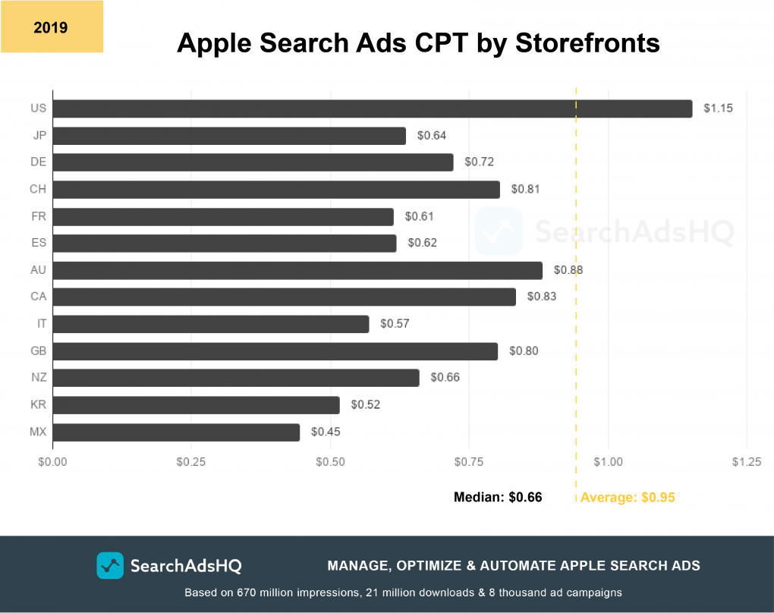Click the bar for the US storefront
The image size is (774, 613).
pos(372,108)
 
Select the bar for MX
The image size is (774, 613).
pos(176,432)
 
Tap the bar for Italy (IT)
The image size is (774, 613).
pos(211,324)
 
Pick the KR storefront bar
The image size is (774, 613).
pos(196,404)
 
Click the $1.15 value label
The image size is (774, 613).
pos(718,108)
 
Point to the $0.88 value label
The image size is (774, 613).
pos(568,270)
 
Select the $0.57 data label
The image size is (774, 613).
pos(395,324)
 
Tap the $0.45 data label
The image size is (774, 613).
pos(326,432)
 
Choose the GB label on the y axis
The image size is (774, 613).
pos(38,351)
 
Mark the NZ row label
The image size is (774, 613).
pos(38,378)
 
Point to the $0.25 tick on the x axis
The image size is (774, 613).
pos(191,462)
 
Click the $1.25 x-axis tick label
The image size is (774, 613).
pos(747,462)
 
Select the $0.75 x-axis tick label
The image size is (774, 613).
pos(469,462)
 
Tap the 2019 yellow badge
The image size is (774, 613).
pos(51,28)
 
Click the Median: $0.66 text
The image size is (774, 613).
pos(498,498)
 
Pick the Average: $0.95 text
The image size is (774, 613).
pos(628,498)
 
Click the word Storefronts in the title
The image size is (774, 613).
pos(587,43)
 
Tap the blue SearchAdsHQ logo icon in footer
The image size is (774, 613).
pos(110,565)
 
